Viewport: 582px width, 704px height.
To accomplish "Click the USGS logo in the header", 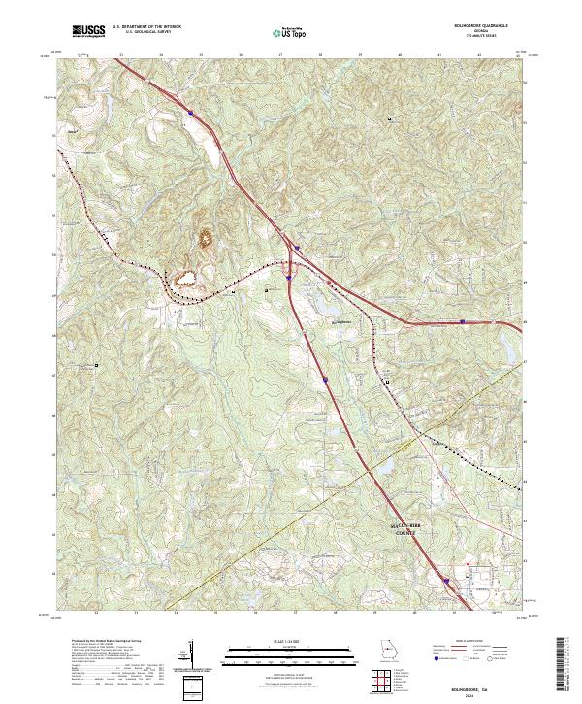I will (x=89, y=32).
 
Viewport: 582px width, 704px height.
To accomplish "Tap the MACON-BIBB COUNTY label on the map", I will (x=402, y=527).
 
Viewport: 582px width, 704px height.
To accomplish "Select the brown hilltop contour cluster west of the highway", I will (x=206, y=236).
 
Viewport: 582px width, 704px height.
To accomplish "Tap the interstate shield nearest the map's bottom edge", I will (x=447, y=582).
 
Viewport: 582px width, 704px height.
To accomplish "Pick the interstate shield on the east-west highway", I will (x=463, y=319).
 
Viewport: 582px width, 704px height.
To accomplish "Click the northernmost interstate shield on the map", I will (x=191, y=113).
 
